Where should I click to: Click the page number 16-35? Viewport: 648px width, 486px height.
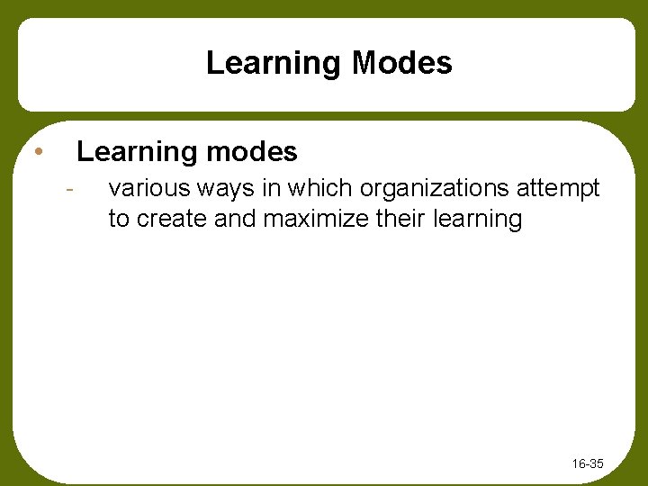tap(588, 464)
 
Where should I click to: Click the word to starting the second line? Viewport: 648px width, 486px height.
tap(118, 219)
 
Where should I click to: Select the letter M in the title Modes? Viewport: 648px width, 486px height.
tap(367, 63)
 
